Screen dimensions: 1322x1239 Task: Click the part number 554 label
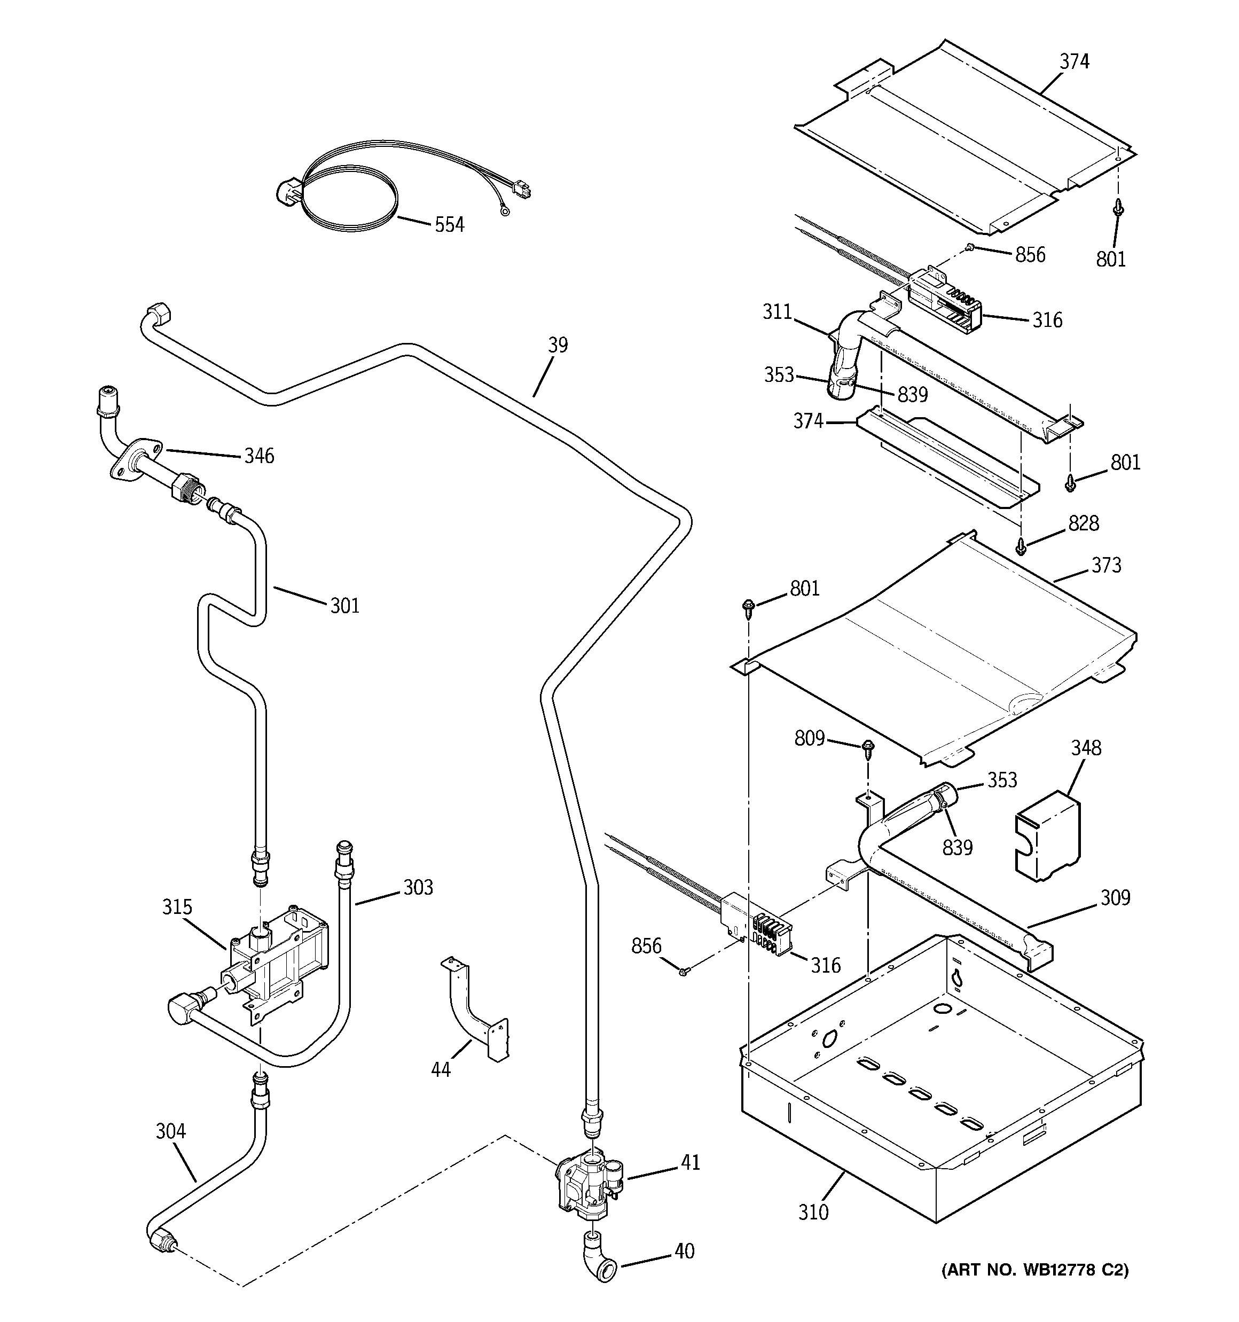[x=449, y=225]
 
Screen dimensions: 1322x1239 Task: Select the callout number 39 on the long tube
[x=558, y=345]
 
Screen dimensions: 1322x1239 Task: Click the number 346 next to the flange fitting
[x=258, y=456]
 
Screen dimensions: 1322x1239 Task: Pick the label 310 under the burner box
[x=813, y=1213]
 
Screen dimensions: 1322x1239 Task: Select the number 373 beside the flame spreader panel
[x=1106, y=565]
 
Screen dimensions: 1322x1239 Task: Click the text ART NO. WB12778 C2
[x=1034, y=1270]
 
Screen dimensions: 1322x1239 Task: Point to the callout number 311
[x=777, y=311]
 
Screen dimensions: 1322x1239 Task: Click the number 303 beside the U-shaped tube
[x=418, y=887]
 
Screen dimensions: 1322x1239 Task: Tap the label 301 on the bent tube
[x=344, y=605]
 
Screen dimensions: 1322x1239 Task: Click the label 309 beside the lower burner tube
[x=1115, y=898]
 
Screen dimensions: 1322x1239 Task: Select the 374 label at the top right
[x=1074, y=61]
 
